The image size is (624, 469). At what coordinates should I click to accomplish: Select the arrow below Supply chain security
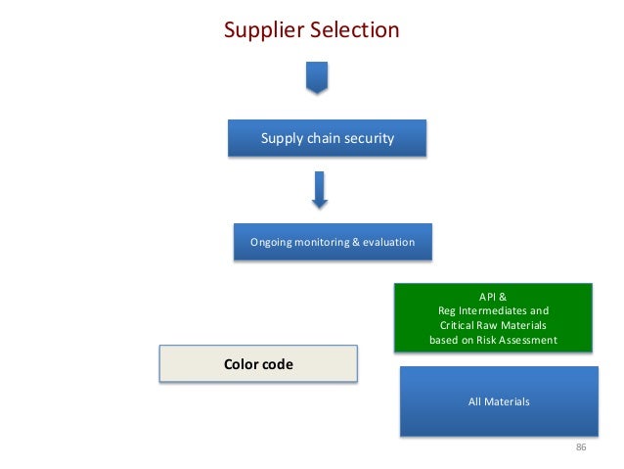(x=319, y=190)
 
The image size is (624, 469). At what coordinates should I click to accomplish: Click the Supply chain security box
(x=327, y=138)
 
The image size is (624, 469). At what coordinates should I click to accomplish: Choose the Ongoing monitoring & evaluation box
(x=333, y=242)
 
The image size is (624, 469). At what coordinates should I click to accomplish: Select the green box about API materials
(x=493, y=317)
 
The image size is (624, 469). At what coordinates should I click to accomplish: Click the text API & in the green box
(x=493, y=296)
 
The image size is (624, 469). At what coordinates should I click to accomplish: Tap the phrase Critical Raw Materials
(x=493, y=326)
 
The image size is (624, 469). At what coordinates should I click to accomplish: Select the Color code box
(x=258, y=364)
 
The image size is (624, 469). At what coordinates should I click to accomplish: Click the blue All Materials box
(x=499, y=400)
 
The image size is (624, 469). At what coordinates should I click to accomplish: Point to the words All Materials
(x=499, y=401)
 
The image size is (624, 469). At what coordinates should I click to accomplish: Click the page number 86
(x=580, y=447)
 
